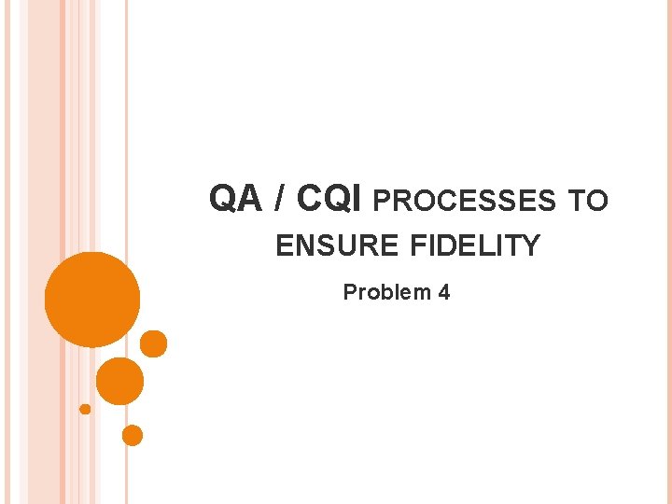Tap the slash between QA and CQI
point(281,198)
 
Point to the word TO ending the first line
point(588,201)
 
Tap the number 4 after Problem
point(443,292)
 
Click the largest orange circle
point(92,300)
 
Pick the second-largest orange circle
point(120,381)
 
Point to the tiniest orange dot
point(85,409)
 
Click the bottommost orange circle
point(133,435)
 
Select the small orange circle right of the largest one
point(153,344)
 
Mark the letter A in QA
point(248,198)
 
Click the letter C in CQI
point(310,198)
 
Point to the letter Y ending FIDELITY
point(531,246)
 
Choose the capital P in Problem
point(349,292)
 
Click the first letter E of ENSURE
point(282,246)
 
